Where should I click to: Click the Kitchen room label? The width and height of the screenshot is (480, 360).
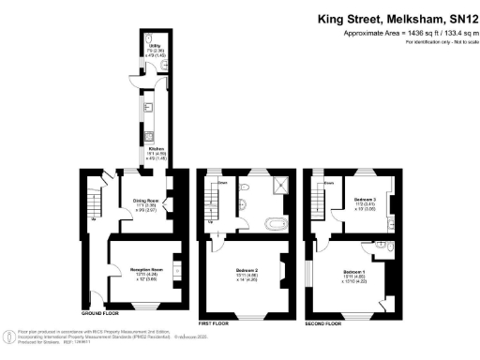click(x=153, y=151)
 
